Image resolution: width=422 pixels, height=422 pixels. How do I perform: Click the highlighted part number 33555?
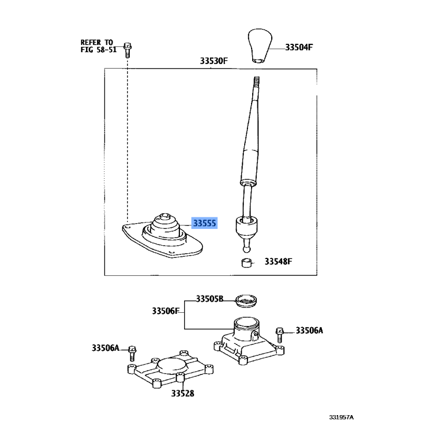205,223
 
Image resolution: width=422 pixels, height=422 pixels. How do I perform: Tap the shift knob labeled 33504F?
260,46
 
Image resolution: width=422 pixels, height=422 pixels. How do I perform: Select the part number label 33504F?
299,47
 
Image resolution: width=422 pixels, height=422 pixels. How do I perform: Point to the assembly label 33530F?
214,61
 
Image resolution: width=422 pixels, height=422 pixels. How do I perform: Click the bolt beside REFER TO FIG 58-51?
128,50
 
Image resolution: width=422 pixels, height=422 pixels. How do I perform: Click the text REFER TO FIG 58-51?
99,46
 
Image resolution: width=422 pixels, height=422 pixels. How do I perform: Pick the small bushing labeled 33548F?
247,263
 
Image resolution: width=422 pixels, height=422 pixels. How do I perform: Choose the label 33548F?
279,261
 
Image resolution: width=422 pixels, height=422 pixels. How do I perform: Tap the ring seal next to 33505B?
246,301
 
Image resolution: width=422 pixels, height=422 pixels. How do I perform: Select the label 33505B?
209,299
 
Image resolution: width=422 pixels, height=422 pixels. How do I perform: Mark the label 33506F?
166,311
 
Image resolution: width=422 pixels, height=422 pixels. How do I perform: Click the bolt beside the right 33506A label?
280,335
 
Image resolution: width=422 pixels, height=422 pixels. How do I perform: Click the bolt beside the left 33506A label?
132,353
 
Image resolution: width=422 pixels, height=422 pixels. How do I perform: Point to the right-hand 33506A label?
309,330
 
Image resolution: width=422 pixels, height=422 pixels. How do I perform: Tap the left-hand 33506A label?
105,348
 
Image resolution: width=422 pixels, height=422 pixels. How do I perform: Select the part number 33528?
183,394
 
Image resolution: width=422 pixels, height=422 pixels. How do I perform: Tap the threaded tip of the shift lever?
256,82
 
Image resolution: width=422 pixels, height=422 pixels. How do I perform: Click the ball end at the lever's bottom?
246,248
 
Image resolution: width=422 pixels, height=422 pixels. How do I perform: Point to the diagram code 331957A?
341,417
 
